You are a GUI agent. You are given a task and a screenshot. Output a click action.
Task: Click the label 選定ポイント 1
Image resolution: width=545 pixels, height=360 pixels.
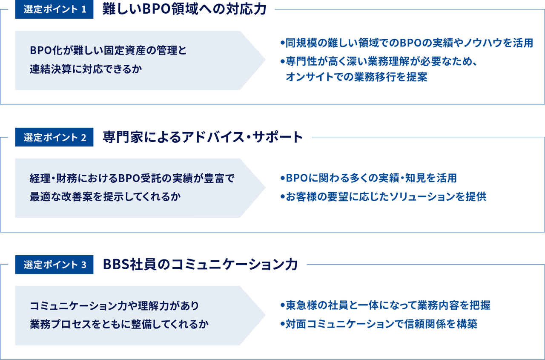[54, 10]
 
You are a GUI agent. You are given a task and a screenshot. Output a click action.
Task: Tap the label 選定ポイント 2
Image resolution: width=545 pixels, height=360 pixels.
[54, 138]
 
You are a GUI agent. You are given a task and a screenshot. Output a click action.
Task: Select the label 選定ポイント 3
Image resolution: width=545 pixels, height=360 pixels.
[54, 265]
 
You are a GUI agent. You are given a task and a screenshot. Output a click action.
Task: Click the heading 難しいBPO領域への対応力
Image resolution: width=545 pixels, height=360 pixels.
[184, 10]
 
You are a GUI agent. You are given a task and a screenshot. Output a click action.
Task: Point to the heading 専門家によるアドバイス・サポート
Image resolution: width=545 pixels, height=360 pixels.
[203, 137]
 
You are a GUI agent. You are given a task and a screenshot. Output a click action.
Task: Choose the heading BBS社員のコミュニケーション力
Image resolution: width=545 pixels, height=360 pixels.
[200, 265]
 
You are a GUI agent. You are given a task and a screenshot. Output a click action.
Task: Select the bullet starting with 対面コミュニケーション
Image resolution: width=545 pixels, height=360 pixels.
[379, 325]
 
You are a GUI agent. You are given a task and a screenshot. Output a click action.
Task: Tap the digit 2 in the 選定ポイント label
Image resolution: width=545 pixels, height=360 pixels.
[83, 138]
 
